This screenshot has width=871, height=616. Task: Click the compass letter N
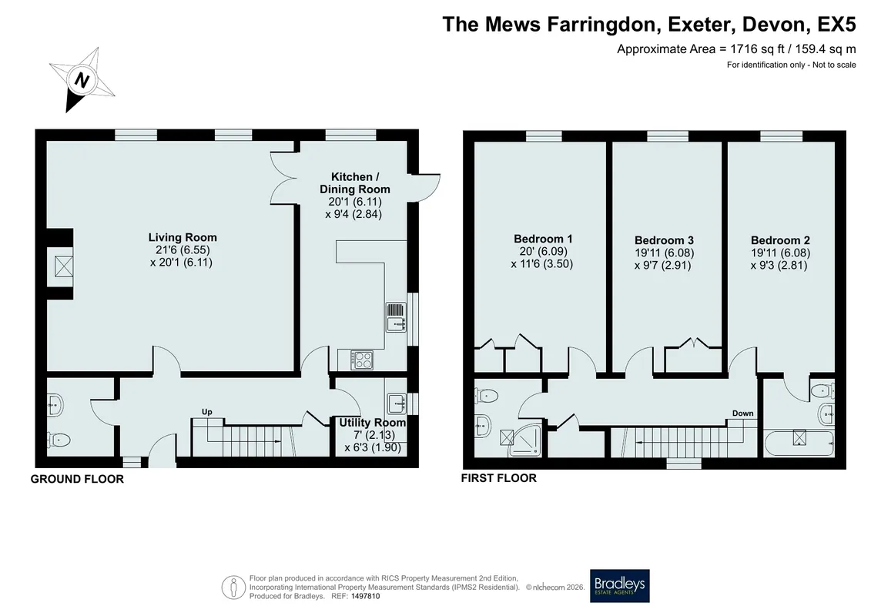[82, 81]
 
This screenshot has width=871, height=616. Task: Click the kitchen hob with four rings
[362, 360]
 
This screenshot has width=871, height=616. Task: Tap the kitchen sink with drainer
[396, 316]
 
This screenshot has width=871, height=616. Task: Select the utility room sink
[397, 403]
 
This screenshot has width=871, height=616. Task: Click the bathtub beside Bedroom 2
[799, 444]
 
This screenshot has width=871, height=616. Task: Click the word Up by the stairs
[206, 412]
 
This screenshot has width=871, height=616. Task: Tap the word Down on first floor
[742, 413]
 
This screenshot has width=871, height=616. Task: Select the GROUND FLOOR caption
[77, 479]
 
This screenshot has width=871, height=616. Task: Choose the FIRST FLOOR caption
[499, 477]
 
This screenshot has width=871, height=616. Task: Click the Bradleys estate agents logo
[619, 585]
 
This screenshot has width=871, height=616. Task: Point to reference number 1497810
[365, 597]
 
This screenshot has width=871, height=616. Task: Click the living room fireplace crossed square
[64, 266]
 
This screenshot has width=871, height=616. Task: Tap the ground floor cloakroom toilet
[59, 440]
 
